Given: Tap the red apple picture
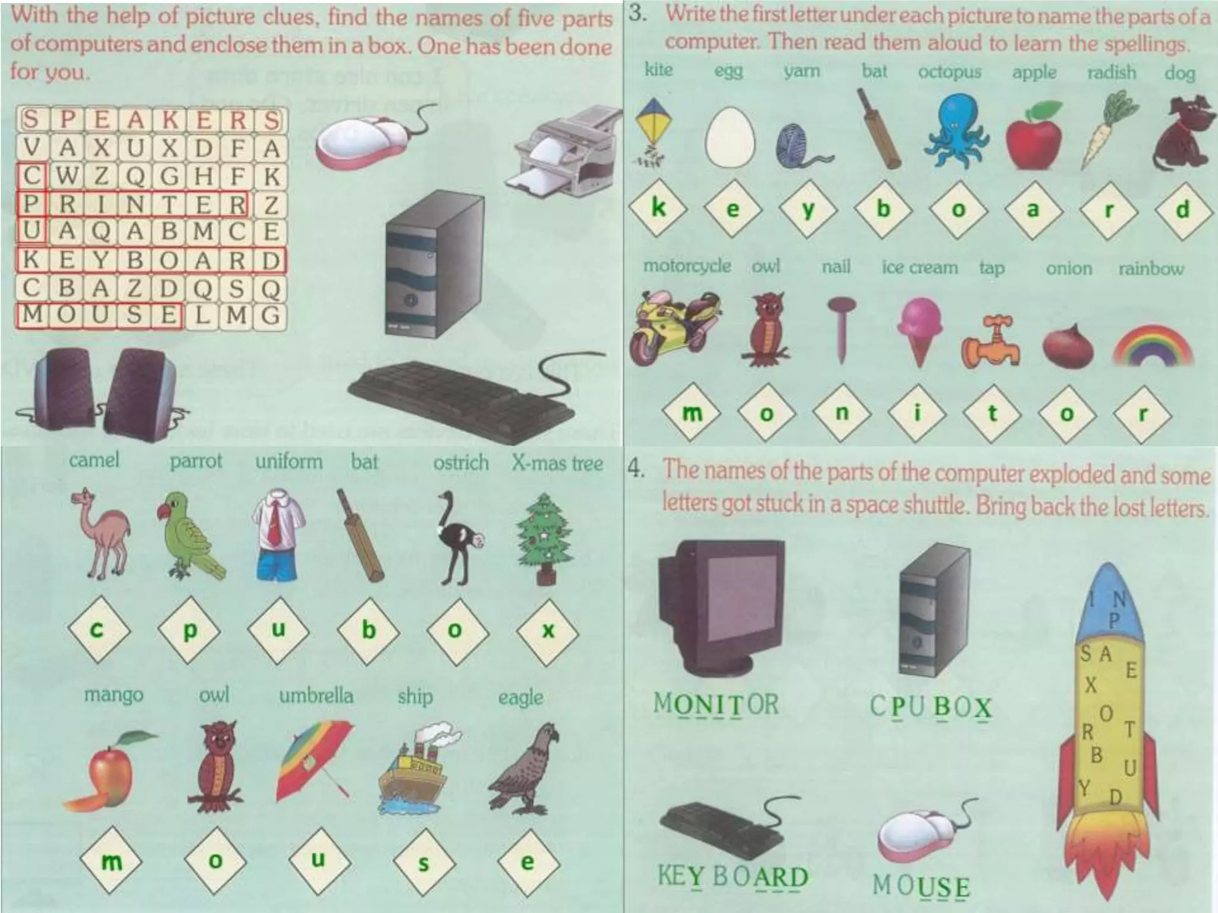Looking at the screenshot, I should pyautogui.click(x=1034, y=136).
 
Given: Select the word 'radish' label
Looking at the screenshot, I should pyautogui.click(x=1111, y=73).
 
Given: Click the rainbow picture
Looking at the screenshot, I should pyautogui.click(x=1152, y=345).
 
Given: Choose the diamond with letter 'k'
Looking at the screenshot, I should pyautogui.click(x=658, y=208).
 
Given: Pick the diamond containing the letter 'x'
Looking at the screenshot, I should pyautogui.click(x=548, y=630).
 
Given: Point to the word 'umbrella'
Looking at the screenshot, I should pyautogui.click(x=316, y=695).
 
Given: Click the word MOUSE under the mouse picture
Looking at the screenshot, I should pyautogui.click(x=921, y=886).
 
